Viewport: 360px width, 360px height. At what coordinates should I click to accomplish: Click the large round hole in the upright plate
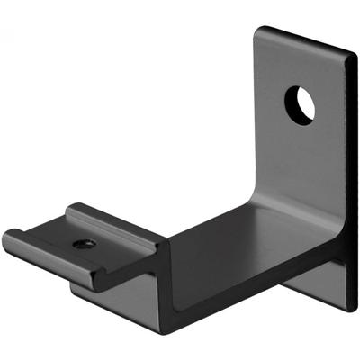(x=301, y=104)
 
